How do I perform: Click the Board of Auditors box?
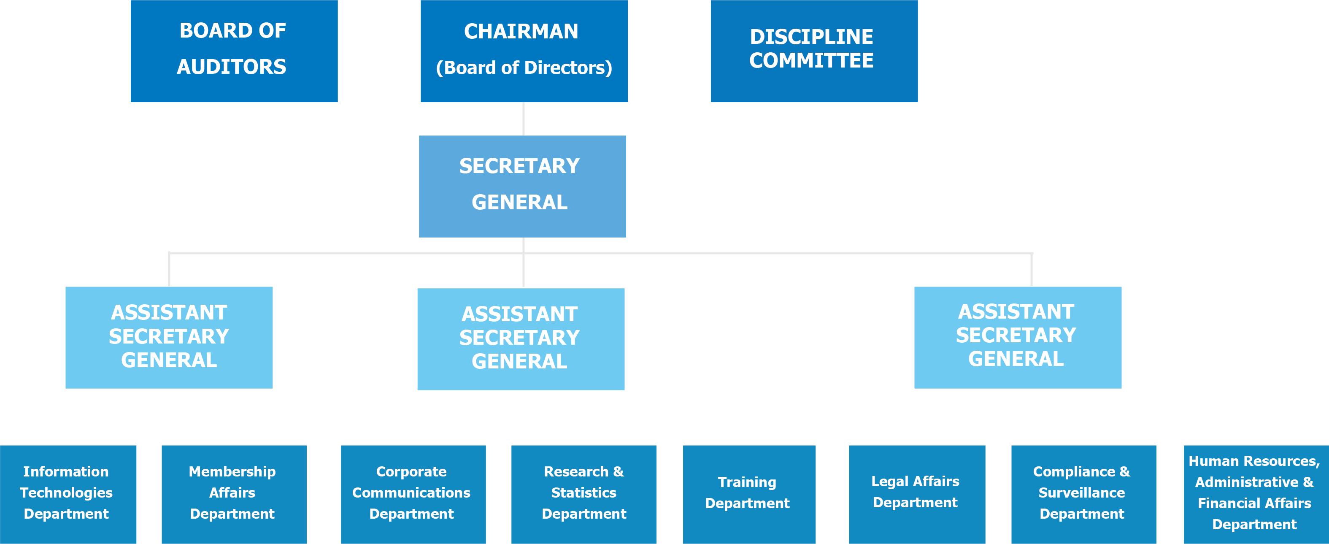[x=234, y=51]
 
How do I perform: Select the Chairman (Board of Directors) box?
[x=524, y=51]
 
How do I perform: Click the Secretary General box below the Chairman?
[x=522, y=186]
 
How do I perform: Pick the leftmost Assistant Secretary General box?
[x=169, y=337]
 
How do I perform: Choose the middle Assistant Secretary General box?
[x=521, y=338]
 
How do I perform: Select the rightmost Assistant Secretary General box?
[x=1017, y=337]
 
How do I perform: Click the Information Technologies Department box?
[x=68, y=493]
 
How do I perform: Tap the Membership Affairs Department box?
[x=234, y=493]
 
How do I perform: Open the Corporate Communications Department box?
[x=413, y=493]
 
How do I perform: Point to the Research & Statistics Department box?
[x=583, y=493]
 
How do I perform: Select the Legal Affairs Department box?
[x=916, y=493]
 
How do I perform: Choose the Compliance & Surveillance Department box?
[x=1083, y=493]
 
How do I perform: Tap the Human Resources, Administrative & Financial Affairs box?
[x=1256, y=493]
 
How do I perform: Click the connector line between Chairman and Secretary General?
[x=523, y=119]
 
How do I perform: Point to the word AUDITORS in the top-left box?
[x=232, y=67]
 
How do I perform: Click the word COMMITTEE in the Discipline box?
[x=811, y=61]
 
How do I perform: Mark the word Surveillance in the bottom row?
[x=1081, y=493]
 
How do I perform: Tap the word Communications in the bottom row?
[x=411, y=493]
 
